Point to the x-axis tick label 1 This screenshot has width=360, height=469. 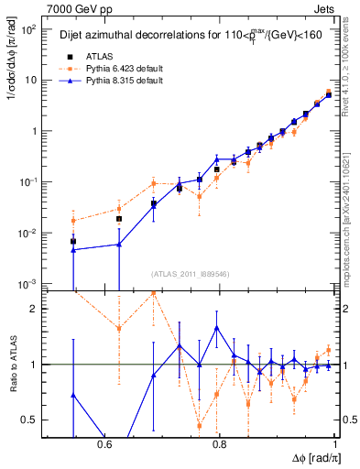335,444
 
